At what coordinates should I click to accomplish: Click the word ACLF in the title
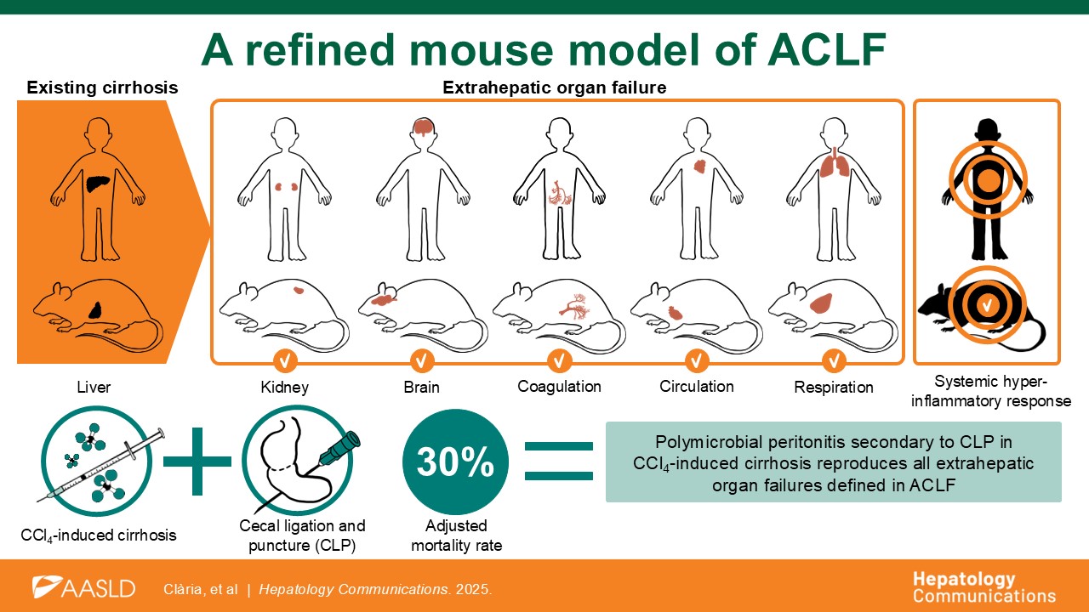[x=826, y=49]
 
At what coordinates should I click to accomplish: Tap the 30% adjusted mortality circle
[x=455, y=462]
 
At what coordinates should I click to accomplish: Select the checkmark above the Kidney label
[x=285, y=361]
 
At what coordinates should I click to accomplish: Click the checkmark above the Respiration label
[x=834, y=361]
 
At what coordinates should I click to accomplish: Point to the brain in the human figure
[x=424, y=127]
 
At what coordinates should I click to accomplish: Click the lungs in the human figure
[x=835, y=163]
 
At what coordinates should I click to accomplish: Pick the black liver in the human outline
[x=100, y=183]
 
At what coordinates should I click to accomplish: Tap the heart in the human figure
[x=699, y=167]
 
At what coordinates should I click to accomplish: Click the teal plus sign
[x=197, y=462]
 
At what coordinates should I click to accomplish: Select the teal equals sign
[x=559, y=462]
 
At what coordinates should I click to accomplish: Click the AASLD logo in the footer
[x=83, y=587]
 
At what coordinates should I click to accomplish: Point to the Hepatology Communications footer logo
[x=984, y=587]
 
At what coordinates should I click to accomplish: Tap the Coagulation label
[x=559, y=387]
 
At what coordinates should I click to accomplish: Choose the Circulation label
[x=697, y=386]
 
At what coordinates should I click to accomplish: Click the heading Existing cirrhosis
[x=102, y=88]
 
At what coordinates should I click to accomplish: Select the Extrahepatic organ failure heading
[x=554, y=88]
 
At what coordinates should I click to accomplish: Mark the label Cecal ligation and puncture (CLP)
[x=302, y=535]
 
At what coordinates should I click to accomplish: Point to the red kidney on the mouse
[x=299, y=290]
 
